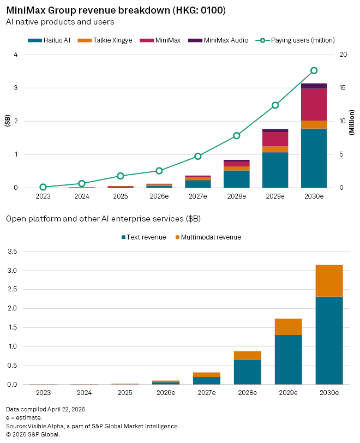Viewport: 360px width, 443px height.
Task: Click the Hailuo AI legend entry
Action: click(x=52, y=40)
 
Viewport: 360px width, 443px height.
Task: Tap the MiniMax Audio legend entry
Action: click(x=218, y=40)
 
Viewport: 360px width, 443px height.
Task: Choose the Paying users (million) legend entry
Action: click(x=297, y=40)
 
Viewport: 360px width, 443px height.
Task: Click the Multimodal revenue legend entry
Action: click(x=208, y=237)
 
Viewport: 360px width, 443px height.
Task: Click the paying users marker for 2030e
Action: click(x=314, y=70)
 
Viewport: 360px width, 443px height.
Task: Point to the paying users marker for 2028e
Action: click(x=237, y=135)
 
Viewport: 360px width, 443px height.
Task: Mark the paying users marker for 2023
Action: click(x=43, y=187)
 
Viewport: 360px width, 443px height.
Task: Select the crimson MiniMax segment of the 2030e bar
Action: click(x=314, y=104)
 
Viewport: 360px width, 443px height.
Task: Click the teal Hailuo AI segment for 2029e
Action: click(x=275, y=170)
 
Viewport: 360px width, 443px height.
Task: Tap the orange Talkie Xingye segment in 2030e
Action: click(x=314, y=124)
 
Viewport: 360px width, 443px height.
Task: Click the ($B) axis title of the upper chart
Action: click(x=7, y=119)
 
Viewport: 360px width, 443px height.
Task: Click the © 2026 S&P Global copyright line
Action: click(x=33, y=434)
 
